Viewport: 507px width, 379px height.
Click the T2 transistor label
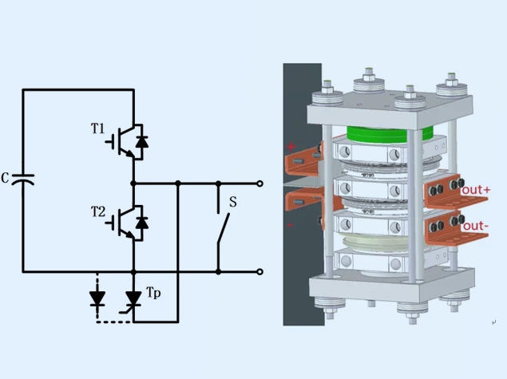97,211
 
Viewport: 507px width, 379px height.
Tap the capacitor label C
6,178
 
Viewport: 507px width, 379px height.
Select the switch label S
232,202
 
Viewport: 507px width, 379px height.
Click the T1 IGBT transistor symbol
123,140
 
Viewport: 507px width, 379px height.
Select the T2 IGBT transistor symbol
123,223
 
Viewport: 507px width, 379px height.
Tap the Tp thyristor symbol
133,300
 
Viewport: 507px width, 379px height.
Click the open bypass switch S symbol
219,227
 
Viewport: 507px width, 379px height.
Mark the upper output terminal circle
259,184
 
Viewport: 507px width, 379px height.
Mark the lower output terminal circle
259,271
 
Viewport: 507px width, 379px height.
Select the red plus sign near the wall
291,147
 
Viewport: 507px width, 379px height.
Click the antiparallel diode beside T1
142,141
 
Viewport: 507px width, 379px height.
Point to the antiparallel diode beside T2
142,223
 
